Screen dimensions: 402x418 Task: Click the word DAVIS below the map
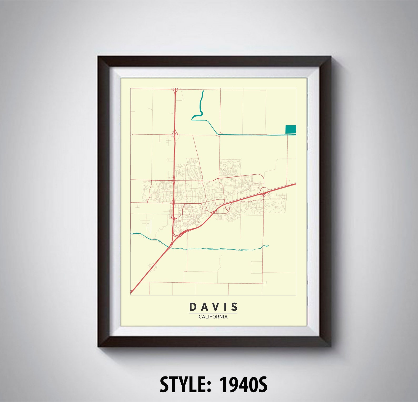point(213,307)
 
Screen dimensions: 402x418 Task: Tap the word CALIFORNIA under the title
point(213,317)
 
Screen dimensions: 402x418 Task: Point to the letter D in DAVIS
point(193,307)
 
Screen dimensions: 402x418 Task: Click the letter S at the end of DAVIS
point(234,307)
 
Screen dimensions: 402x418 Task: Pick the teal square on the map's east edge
point(291,129)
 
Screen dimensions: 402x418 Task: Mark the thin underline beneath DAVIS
point(213,313)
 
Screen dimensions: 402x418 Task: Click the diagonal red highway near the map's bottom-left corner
point(147,271)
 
